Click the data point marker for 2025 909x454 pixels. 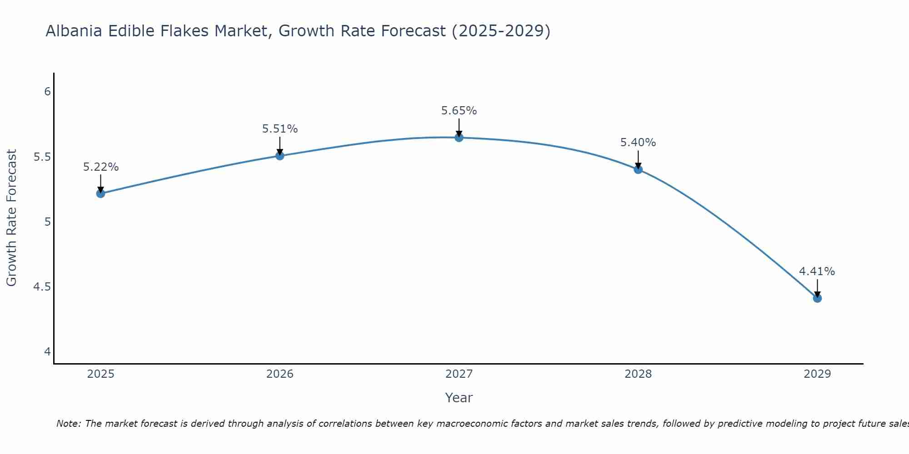[100, 193]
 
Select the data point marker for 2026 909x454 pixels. [280, 156]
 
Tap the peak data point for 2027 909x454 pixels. [459, 138]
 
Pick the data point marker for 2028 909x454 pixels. [638, 169]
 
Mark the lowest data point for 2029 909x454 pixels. [817, 298]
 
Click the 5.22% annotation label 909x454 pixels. [100, 167]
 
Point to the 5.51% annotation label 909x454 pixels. [280, 129]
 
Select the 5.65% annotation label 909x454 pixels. [459, 111]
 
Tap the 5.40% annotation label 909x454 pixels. [638, 143]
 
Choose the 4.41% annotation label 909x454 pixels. [817, 271]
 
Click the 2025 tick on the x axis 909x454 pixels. [100, 374]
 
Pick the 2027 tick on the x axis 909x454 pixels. [459, 374]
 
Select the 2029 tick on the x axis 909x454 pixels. [817, 374]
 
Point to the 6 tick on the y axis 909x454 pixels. [47, 92]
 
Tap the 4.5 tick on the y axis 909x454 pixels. [42, 287]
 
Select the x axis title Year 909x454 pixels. [459, 398]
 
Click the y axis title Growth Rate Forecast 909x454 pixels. [11, 218]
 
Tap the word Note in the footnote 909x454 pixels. [68, 424]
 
